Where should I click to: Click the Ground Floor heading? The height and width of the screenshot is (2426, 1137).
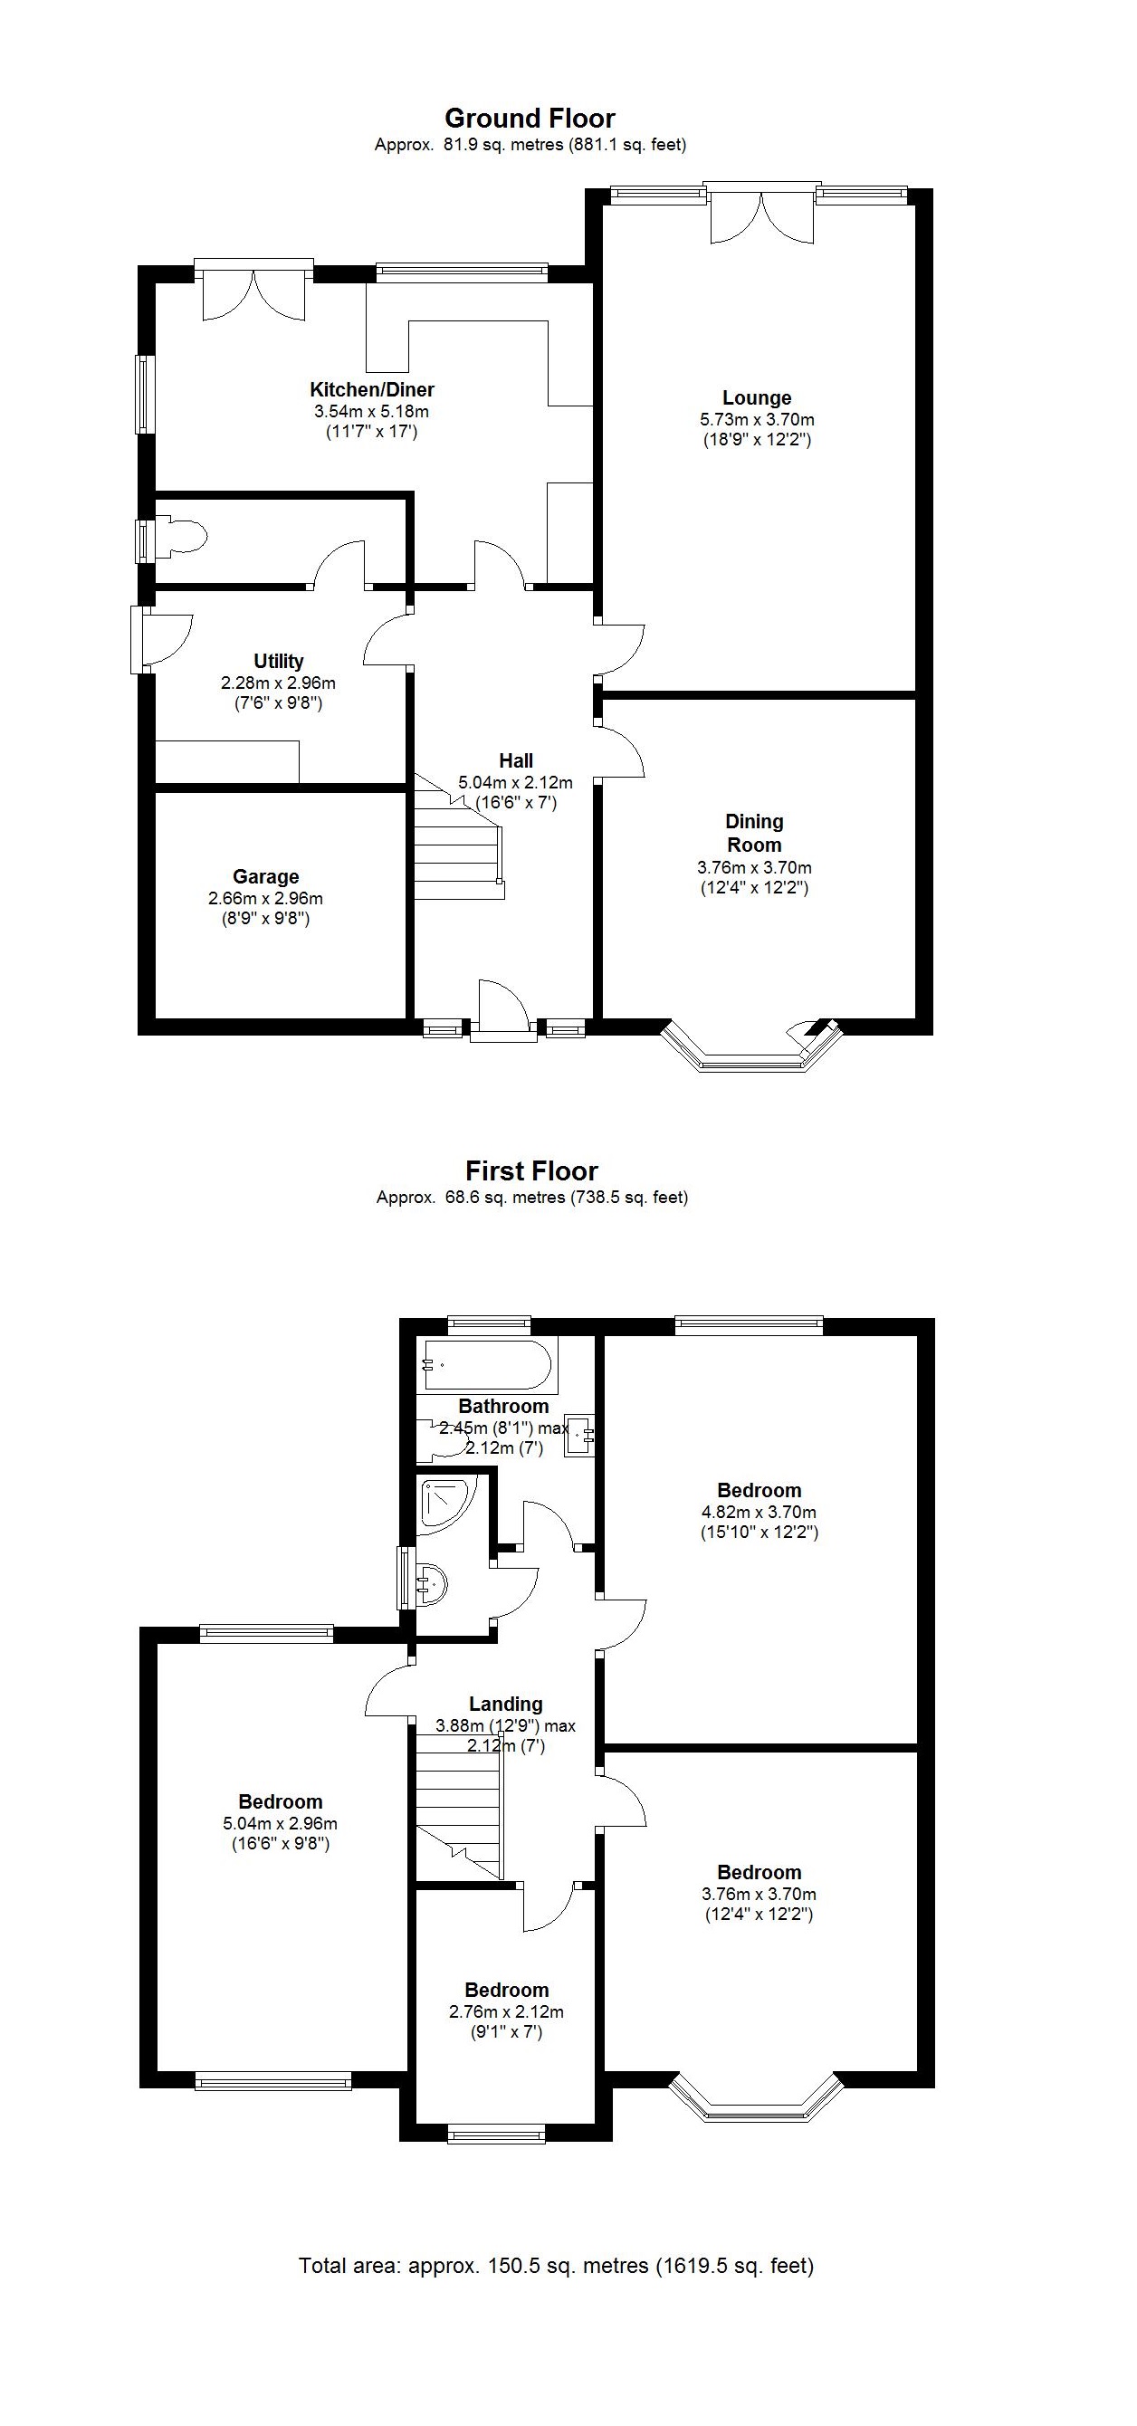530,119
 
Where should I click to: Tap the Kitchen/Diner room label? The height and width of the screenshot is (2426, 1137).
372,390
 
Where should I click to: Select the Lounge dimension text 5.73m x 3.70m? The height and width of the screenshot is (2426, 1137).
757,419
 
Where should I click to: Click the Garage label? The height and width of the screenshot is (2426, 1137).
265,877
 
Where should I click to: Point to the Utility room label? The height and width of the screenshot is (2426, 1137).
278,661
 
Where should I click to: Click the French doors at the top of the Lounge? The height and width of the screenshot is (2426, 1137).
761,215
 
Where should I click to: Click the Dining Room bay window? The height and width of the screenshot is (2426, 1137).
750,1055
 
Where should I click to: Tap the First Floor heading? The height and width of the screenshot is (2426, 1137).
531,1171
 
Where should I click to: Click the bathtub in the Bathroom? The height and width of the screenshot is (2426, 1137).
487,1365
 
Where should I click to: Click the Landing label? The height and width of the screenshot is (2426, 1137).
506,1705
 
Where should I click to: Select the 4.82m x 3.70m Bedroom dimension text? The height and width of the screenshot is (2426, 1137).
759,1512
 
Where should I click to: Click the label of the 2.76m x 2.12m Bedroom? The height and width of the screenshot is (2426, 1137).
506,1990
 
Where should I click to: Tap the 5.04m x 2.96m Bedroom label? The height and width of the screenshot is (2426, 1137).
280,1801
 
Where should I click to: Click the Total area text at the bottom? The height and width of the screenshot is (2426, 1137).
556,2266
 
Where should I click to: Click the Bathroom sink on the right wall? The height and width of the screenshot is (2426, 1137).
580,1436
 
